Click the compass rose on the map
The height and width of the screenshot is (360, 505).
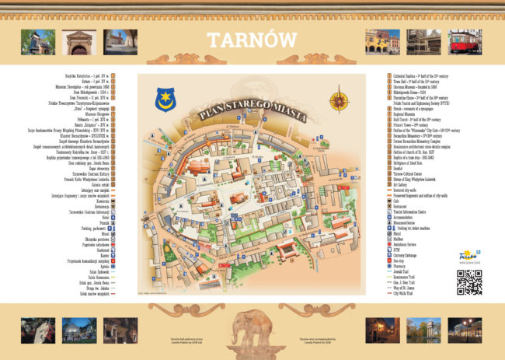(x=338, y=101)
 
